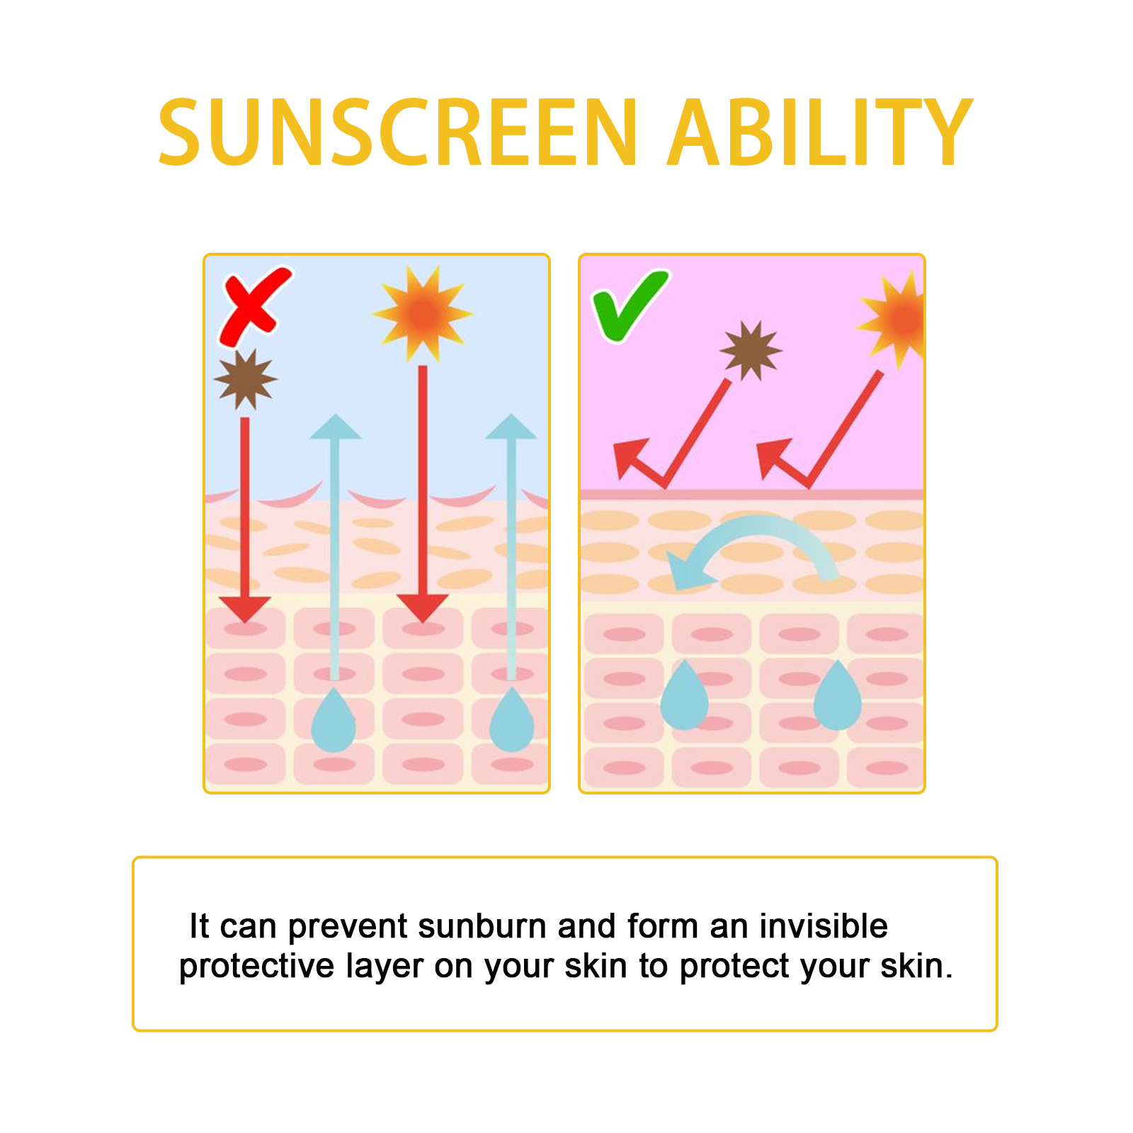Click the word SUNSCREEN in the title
coord(398,132)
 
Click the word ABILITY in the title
coord(820,132)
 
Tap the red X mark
coord(255,306)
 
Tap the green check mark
coord(629,305)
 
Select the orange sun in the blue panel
coord(423,314)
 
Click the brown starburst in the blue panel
coord(245,379)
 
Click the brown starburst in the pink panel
coord(751,351)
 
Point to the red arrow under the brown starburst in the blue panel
coord(245,520)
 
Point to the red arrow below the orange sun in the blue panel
coord(423,494)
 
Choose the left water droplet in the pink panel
coord(684,695)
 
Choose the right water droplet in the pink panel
coord(838,695)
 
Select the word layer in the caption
coord(384,967)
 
